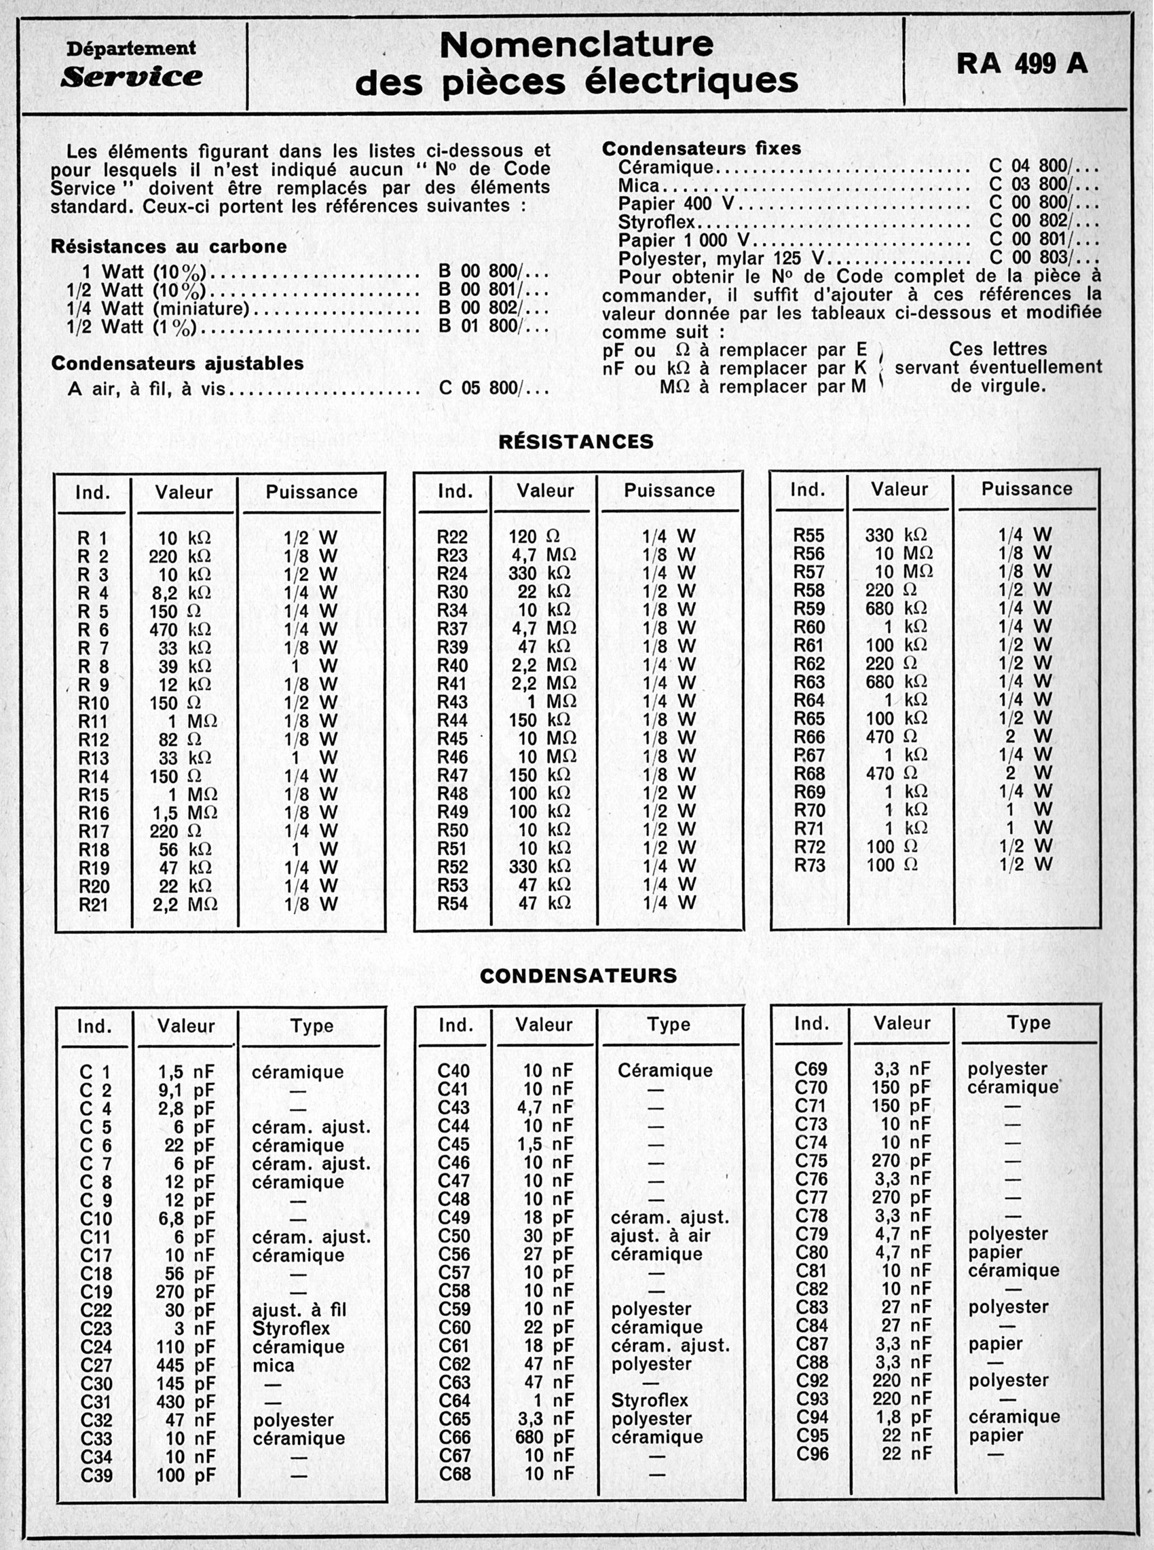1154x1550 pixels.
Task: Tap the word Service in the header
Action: point(131,77)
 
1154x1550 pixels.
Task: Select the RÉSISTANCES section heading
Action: point(576,441)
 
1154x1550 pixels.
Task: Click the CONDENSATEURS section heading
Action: point(578,975)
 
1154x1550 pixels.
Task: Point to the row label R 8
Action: point(94,666)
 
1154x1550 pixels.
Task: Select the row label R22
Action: point(452,537)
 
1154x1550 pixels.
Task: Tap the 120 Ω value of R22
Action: point(534,537)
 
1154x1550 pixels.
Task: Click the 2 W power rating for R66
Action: point(1024,737)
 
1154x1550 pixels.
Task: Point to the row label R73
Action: point(809,866)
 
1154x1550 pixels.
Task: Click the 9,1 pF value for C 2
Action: point(186,1091)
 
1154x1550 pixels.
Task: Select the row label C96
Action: point(812,1454)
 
